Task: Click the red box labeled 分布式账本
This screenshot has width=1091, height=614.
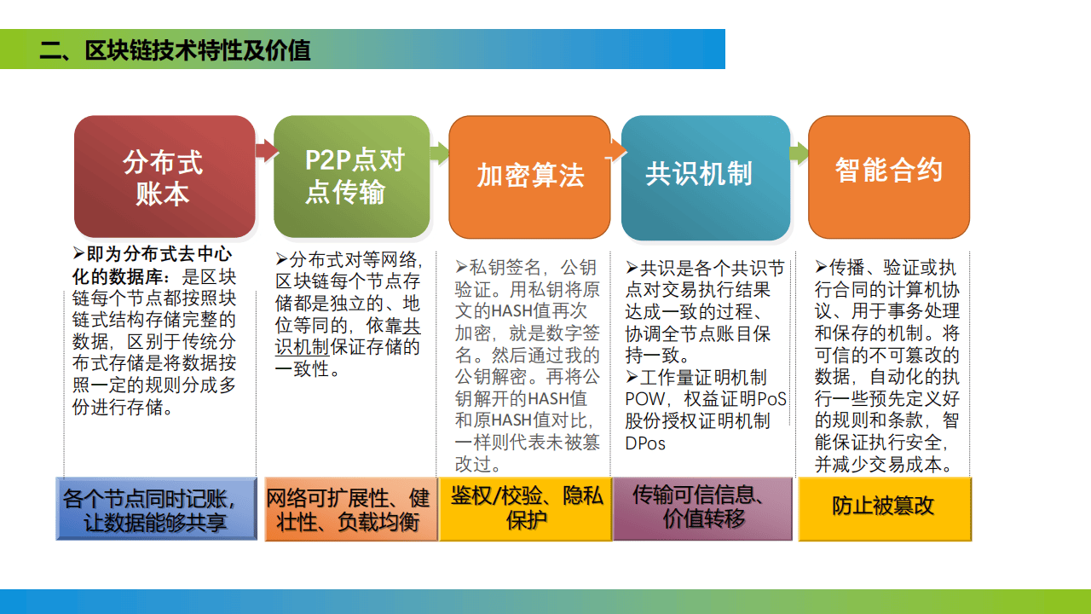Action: point(165,177)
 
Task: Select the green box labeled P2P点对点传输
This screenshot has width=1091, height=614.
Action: point(352,177)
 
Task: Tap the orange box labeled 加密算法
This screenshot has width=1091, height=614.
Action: point(529,177)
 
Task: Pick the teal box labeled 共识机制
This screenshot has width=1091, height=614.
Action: point(706,177)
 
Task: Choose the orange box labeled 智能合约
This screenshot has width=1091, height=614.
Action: point(889,177)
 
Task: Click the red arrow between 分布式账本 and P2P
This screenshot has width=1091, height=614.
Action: point(267,150)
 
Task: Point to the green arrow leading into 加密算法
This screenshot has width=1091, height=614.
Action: point(440,153)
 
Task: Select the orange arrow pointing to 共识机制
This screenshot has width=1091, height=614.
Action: point(616,150)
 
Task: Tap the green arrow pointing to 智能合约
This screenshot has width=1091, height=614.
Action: point(799,153)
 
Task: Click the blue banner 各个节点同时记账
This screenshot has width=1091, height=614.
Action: point(156,509)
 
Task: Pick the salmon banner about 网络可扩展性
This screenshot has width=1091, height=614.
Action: point(351,509)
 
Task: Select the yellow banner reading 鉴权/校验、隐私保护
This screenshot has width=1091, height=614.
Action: point(526,509)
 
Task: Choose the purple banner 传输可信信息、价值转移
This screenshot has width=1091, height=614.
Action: point(703,509)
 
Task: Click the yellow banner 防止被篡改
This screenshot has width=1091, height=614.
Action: point(885,509)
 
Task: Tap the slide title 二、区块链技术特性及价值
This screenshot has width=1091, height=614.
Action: point(175,50)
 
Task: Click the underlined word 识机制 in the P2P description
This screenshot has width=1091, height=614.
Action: point(302,347)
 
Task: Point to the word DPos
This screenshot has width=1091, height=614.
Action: point(645,443)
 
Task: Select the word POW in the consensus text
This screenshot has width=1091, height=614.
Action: point(645,399)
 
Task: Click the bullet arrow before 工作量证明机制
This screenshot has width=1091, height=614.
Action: point(632,377)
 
